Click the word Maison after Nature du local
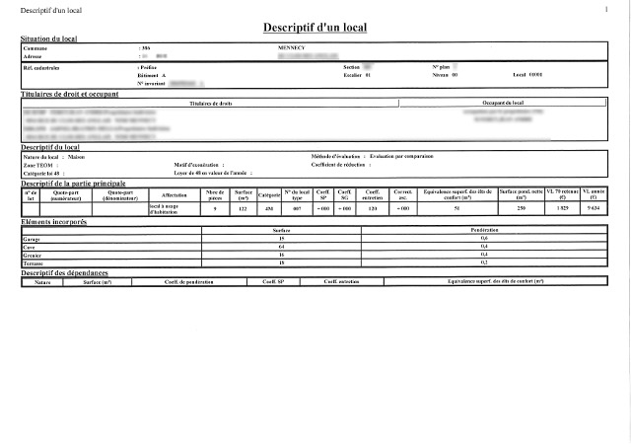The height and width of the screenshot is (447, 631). (79, 156)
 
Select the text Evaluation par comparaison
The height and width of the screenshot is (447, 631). (403, 156)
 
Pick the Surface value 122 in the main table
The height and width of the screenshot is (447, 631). (243, 208)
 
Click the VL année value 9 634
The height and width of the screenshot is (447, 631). (593, 208)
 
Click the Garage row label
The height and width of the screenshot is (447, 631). (32, 239)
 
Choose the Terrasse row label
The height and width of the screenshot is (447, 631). (34, 262)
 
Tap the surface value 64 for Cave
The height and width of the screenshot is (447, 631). (281, 247)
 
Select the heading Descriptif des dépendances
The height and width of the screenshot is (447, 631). (70, 272)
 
